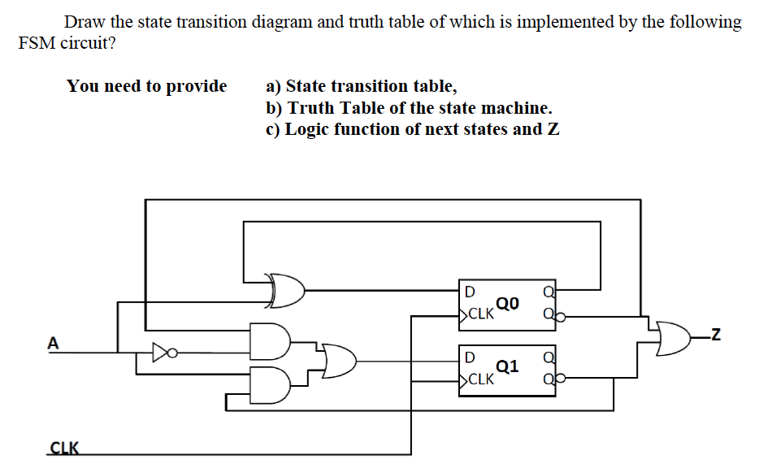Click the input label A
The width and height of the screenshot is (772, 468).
pyautogui.click(x=54, y=344)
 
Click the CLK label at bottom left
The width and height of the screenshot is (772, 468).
pyautogui.click(x=64, y=447)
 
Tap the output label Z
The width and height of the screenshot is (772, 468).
pyautogui.click(x=715, y=332)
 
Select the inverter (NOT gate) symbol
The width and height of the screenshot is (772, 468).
pyautogui.click(x=162, y=353)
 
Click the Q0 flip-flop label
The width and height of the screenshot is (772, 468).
pyautogui.click(x=506, y=304)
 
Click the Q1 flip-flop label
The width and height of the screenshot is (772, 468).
pyautogui.click(x=506, y=366)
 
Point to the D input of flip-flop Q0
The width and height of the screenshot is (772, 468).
pyautogui.click(x=469, y=291)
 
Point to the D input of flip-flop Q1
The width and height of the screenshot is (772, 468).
pyautogui.click(x=469, y=356)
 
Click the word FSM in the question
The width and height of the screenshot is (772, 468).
pyautogui.click(x=37, y=44)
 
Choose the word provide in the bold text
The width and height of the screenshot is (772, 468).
pyautogui.click(x=197, y=86)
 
